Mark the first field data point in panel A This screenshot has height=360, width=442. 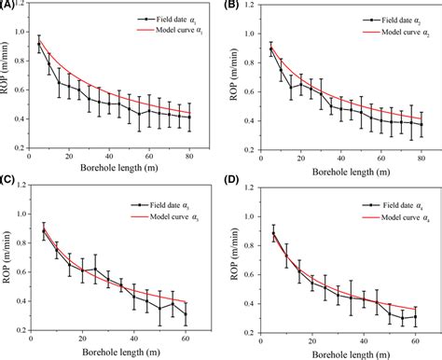tap(39, 44)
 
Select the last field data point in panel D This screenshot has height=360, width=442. tap(414, 317)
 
